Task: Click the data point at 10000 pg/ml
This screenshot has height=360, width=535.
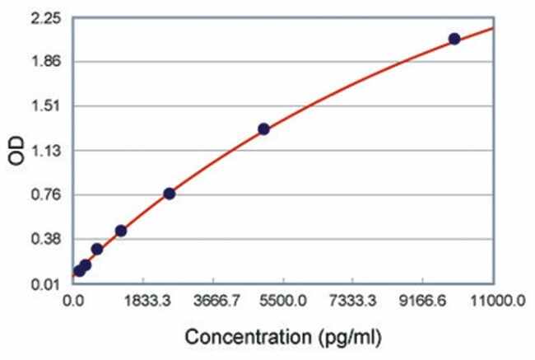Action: click(454, 39)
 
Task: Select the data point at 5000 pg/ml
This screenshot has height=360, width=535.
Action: click(263, 129)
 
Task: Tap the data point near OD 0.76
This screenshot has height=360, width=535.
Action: click(169, 194)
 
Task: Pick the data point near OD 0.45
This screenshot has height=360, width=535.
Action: click(121, 231)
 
